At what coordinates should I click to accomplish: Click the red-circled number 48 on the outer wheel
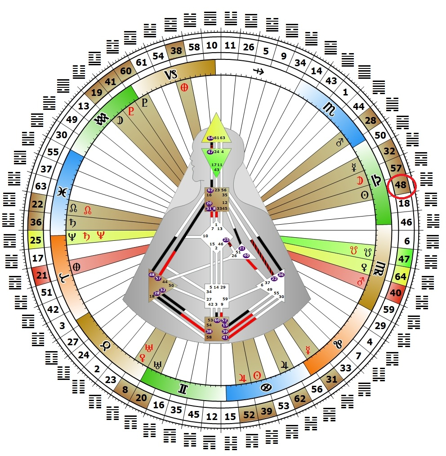[401, 185]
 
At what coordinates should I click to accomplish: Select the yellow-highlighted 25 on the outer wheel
[36, 240]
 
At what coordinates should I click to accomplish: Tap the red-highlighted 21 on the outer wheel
[41, 275]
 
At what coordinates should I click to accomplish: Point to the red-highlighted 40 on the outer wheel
[396, 293]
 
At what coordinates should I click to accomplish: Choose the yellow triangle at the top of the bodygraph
[216, 130]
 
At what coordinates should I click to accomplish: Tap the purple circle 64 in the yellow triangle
[210, 138]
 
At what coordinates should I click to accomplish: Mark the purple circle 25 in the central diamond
[226, 240]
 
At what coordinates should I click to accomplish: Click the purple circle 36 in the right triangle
[281, 275]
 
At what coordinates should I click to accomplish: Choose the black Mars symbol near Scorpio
[339, 143]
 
